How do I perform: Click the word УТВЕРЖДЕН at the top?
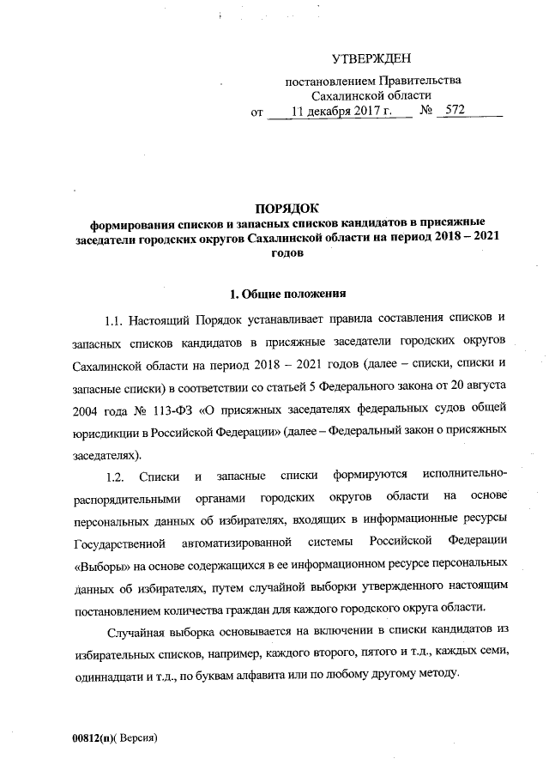click(x=371, y=59)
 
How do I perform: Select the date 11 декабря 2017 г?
click(x=341, y=112)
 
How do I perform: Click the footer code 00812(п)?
click(x=93, y=738)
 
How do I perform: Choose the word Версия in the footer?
click(x=139, y=738)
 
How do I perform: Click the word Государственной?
click(x=118, y=543)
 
